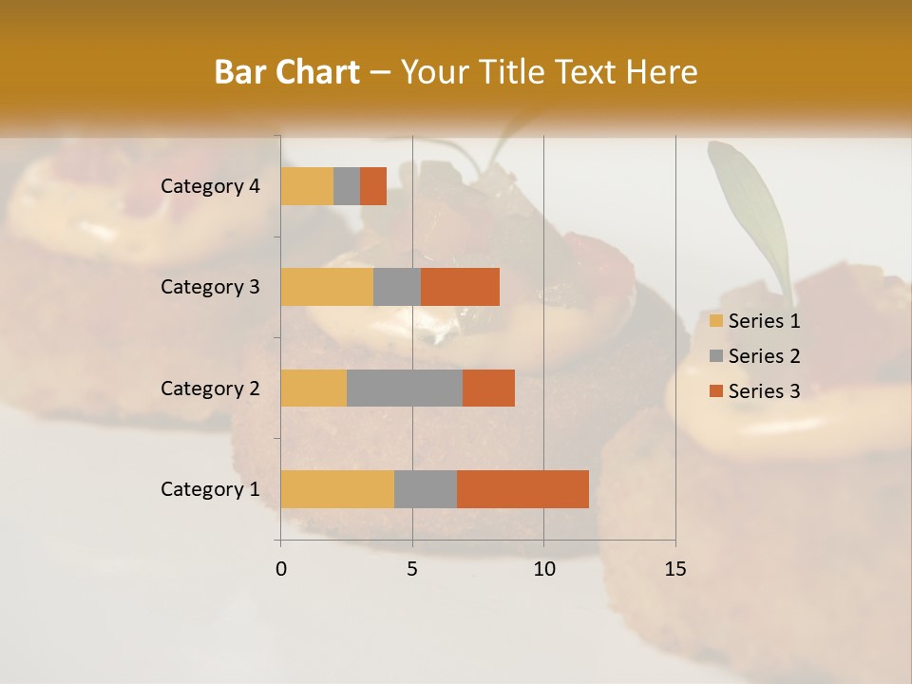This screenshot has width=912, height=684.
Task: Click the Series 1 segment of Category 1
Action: (337, 488)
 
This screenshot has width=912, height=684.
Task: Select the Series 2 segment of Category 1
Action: (426, 488)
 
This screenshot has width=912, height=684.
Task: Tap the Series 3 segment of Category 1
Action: (522, 488)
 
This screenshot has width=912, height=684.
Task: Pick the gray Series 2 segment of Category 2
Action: (405, 388)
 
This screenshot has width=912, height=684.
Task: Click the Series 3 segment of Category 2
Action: (488, 388)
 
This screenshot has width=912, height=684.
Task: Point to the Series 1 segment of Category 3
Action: (327, 287)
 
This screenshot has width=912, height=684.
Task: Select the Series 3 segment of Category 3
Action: (460, 287)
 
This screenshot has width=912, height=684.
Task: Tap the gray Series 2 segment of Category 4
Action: (347, 186)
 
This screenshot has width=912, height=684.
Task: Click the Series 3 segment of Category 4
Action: (373, 186)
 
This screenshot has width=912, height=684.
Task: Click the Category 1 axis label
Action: (210, 489)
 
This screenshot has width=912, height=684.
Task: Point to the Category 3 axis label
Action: (210, 287)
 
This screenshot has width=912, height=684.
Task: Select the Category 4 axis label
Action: (210, 186)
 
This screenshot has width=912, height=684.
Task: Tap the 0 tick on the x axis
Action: (281, 569)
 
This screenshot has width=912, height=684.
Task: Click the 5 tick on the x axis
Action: (412, 569)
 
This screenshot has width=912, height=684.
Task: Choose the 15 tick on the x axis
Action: (674, 569)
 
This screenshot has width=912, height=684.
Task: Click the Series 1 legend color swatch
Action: (715, 321)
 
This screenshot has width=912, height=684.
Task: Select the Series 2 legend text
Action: (764, 356)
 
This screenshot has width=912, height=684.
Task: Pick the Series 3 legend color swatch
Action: (715, 391)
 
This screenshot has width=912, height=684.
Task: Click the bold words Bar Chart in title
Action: (287, 72)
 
